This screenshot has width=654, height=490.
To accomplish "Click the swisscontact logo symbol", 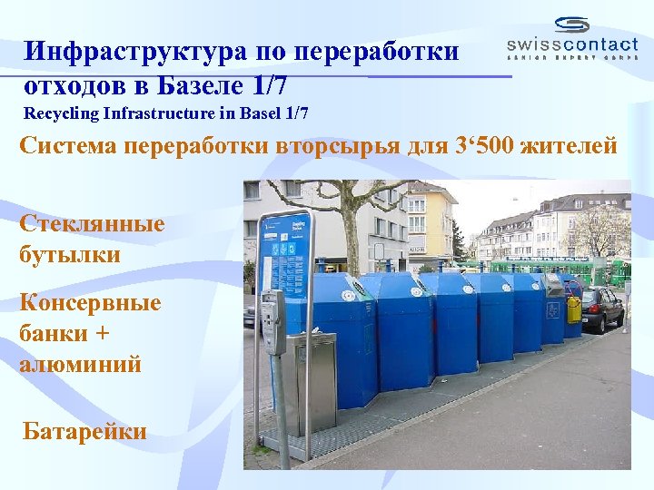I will (572, 25).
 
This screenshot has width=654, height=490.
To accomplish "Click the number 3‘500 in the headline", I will (478, 146).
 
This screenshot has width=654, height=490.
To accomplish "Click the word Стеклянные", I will (92, 223).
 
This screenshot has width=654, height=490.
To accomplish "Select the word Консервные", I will (90, 302).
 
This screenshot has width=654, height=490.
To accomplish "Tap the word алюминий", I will (80, 365).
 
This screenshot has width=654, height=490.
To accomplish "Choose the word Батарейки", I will (84, 430).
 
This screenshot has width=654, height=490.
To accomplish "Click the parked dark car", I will (602, 309).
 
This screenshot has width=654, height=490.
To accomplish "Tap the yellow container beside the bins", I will (573, 309).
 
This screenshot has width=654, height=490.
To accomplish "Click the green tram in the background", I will (545, 267).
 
